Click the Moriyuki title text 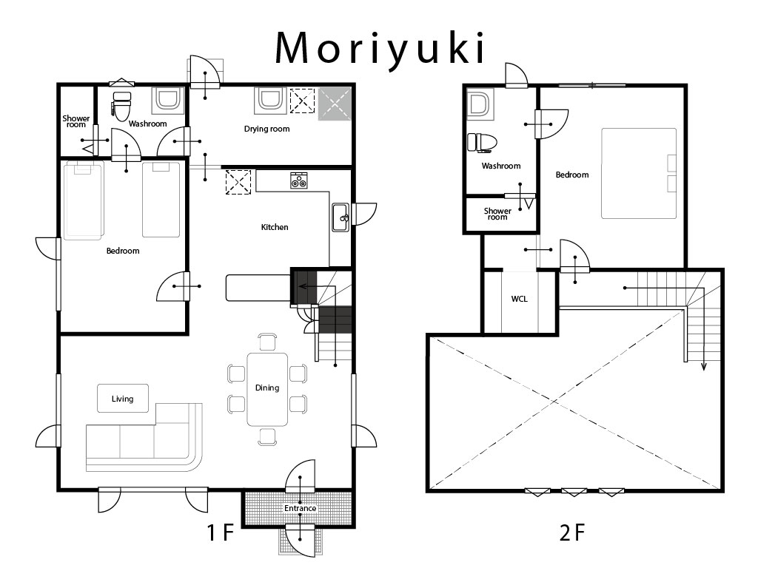click(x=380, y=50)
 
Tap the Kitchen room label click(x=275, y=227)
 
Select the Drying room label click(x=266, y=129)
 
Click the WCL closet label click(x=519, y=299)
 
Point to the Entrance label click(x=301, y=508)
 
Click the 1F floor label click(x=221, y=532)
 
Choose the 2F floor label click(x=572, y=532)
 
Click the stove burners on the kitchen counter click(x=299, y=180)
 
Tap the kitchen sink click(x=341, y=217)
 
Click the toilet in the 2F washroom click(x=482, y=143)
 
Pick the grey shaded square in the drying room click(x=335, y=104)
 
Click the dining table click(x=267, y=389)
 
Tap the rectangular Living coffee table click(x=123, y=399)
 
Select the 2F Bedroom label click(x=572, y=175)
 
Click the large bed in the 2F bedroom click(x=639, y=173)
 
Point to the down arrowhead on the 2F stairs click(x=704, y=367)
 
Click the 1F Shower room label click(x=76, y=121)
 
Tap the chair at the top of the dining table click(x=267, y=342)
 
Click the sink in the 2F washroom click(x=480, y=104)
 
